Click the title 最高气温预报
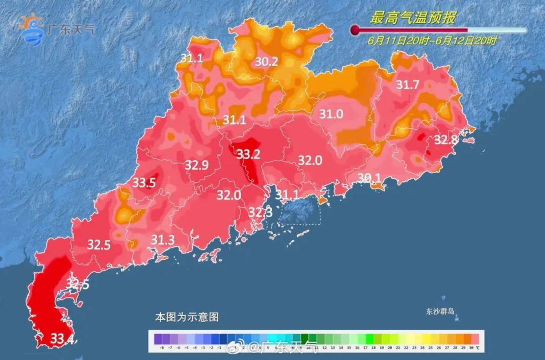tap(413, 18)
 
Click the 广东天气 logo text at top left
tap(70, 29)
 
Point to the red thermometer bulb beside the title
tap(355, 30)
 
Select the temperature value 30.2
tap(266, 62)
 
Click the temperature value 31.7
tap(407, 85)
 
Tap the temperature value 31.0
tap(331, 115)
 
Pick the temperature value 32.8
tap(446, 140)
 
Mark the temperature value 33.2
tap(248, 153)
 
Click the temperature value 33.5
tap(144, 183)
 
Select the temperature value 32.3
tap(260, 213)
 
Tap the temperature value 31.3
tap(163, 239)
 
